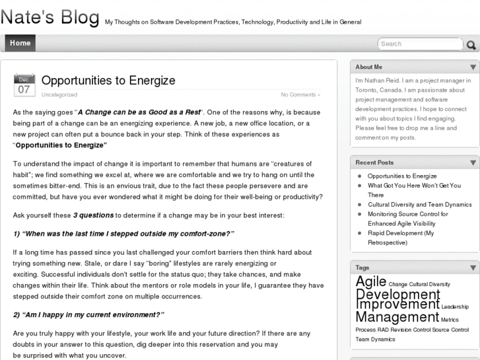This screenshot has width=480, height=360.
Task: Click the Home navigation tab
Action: [20, 43]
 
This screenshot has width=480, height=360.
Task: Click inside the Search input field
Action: [421, 44]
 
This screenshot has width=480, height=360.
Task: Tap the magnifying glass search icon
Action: [471, 45]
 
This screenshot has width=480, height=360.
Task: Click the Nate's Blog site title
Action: [50, 18]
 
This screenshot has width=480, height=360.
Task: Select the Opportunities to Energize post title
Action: [108, 81]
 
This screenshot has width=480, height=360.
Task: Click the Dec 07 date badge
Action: [24, 85]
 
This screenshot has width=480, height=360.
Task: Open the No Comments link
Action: [300, 94]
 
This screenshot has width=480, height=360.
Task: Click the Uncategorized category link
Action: [59, 94]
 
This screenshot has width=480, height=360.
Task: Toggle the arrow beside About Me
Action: [473, 67]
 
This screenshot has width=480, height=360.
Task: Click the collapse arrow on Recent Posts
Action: [473, 162]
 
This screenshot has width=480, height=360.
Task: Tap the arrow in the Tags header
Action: [473, 268]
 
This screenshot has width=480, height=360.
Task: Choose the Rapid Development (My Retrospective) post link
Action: [400, 238]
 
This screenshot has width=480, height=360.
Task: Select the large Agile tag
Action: [370, 283]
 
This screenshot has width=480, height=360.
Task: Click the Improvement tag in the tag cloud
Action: [397, 305]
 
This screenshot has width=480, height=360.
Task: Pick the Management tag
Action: [397, 317]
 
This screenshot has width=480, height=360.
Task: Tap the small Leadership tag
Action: [455, 306]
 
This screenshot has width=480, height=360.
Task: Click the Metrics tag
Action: [450, 320]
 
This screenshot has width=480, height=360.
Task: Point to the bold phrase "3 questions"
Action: [93, 215]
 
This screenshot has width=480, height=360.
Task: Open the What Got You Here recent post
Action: [413, 190]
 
